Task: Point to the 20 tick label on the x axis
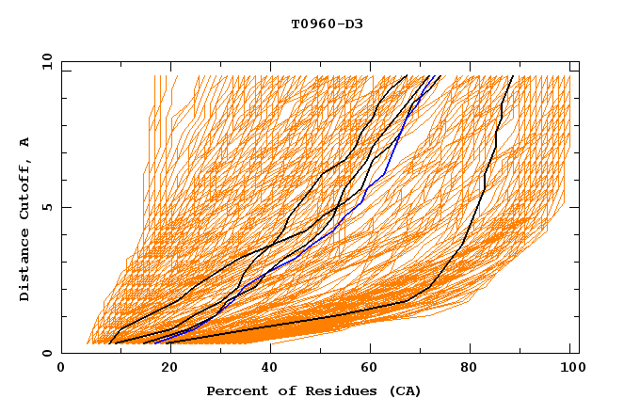[x=164, y=368]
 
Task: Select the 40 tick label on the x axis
[x=265, y=368]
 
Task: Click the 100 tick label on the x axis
[x=571, y=368]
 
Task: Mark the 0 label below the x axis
[x=62, y=368]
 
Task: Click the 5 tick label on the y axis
[x=46, y=207]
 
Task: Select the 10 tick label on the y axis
[x=43, y=60]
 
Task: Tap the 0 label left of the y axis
[x=46, y=354]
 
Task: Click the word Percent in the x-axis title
[x=235, y=390]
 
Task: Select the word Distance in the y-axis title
[x=25, y=264]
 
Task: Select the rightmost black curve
[x=482, y=188]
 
